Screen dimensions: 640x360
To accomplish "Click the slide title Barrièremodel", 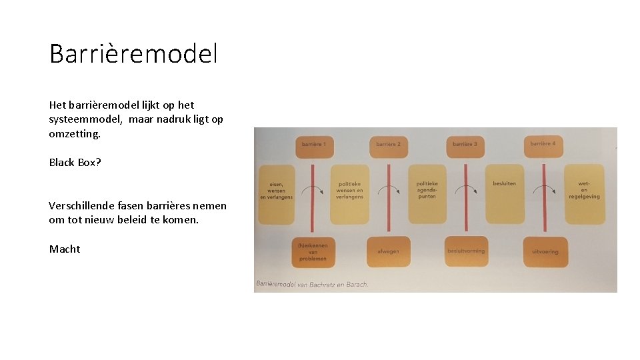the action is (x=133, y=53).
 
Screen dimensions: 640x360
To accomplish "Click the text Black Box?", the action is (x=75, y=162).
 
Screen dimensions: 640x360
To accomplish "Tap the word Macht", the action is (x=65, y=249).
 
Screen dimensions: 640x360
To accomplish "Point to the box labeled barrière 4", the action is (x=543, y=145).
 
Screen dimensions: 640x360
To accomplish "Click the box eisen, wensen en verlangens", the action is (x=276, y=193).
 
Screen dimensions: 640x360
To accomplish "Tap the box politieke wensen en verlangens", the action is (x=349, y=193).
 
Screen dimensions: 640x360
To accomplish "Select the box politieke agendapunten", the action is (x=427, y=193).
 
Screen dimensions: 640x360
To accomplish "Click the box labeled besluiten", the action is (x=505, y=193).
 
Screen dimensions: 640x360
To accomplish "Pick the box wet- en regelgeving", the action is (x=584, y=193).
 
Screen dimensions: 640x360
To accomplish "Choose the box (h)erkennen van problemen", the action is (x=313, y=251).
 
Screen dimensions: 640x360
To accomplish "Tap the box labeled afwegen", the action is (x=389, y=251).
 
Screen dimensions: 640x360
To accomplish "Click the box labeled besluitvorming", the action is (x=466, y=251).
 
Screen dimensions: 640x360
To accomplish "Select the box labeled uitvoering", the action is (x=545, y=251).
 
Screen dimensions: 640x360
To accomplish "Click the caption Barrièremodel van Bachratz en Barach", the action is (x=311, y=284).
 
